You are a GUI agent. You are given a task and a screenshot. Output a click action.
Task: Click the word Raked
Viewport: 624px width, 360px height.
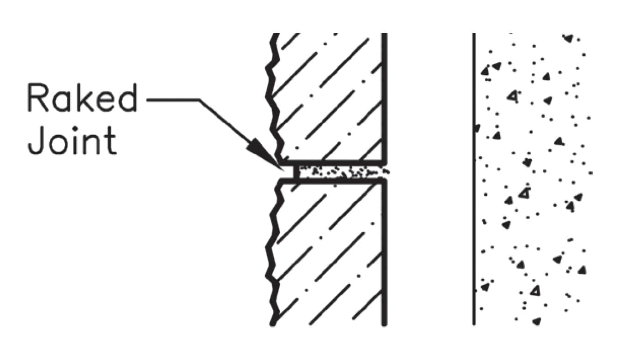tap(83, 97)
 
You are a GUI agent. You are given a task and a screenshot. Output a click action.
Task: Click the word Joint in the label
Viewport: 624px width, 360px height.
tap(72, 140)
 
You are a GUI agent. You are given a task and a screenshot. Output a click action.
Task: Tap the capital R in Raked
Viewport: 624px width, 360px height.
tap(38, 97)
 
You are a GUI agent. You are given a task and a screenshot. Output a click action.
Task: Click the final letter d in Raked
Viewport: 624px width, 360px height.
tap(128, 97)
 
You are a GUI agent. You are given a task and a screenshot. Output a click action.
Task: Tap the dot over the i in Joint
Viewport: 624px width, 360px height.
tap(83, 128)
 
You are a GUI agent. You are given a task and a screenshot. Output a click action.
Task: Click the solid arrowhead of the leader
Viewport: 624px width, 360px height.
tap(264, 155)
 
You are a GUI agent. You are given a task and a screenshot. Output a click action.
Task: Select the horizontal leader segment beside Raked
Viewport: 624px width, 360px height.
tap(173, 100)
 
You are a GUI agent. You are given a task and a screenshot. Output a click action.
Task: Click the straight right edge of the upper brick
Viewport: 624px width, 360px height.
tap(384, 97)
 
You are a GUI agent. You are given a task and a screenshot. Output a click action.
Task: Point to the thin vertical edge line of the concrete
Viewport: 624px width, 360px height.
tap(474, 178)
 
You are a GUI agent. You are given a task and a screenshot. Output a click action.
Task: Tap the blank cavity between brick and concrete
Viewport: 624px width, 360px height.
tap(429, 178)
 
